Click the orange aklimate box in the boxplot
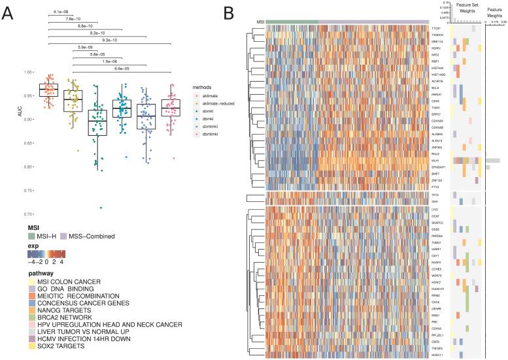(48, 90)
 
